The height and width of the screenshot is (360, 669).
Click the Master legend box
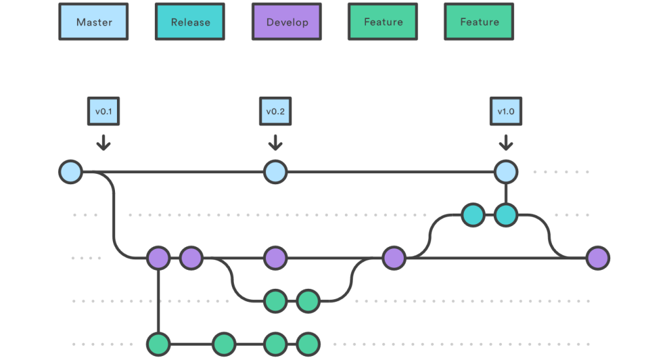point(93,22)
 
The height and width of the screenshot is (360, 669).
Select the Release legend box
point(190,22)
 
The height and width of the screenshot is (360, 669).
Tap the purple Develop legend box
point(287,22)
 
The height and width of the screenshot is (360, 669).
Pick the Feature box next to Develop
point(383,22)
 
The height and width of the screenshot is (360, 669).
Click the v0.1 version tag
point(103,112)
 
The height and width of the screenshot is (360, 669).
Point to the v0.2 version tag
point(275,112)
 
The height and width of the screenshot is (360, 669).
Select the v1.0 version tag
point(506,112)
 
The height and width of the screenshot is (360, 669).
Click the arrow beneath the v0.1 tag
point(103,142)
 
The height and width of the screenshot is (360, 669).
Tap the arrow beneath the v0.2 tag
point(275,142)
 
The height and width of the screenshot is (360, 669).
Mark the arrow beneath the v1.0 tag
point(506,142)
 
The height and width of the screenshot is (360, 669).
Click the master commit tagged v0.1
point(71,172)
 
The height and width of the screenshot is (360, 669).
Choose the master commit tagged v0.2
point(275,172)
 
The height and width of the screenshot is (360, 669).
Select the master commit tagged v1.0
point(506,172)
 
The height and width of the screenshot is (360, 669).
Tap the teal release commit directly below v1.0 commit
point(506,215)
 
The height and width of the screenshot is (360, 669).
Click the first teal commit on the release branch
point(472,215)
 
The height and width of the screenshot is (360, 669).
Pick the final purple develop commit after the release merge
point(597,258)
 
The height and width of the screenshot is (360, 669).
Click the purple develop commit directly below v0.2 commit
point(275,258)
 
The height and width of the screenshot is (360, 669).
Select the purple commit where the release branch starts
point(394,258)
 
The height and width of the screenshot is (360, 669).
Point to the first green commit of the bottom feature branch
point(158,343)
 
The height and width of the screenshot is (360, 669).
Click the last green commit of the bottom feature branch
point(308,343)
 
